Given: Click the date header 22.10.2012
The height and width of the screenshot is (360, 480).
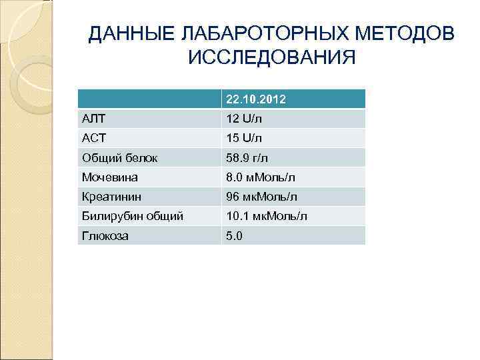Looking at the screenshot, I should coord(256,99).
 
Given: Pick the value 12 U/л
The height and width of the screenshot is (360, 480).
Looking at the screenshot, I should coord(244,119).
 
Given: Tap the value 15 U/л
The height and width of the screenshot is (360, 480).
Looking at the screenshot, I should coord(244,138).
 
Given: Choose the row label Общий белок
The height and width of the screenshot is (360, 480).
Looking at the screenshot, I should coord(119,158).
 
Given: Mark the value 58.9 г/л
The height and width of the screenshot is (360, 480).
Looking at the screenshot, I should coord(247,158).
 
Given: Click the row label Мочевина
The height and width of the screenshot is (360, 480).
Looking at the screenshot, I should coord(109,177).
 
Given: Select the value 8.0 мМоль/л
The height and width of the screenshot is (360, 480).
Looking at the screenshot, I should coord(260,177).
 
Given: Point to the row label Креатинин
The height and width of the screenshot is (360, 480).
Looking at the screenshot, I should coord(111,197).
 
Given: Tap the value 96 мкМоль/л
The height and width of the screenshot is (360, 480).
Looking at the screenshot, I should coord(262,197).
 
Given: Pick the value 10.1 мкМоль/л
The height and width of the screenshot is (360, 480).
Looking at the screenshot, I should coord(267,217).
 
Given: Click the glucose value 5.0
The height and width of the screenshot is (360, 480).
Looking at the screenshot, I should coord(235,236).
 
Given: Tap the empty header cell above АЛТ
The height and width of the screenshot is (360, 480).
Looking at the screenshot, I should coord(149,99).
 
